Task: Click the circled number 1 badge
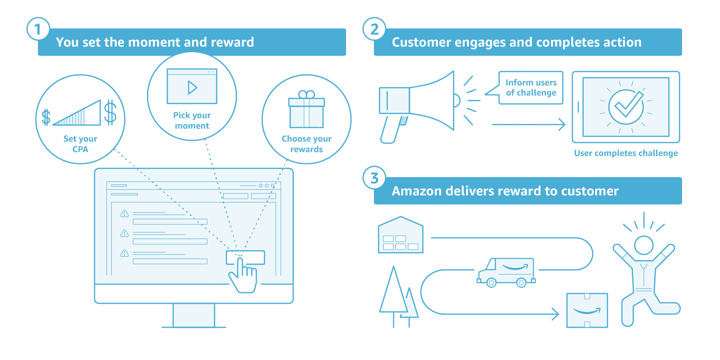[x=38, y=29]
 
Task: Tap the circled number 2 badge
[x=374, y=29]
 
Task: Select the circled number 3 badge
[x=374, y=178]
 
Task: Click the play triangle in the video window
[x=192, y=87]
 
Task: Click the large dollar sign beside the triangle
[x=110, y=112]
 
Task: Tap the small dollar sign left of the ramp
[x=46, y=117]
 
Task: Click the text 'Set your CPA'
[x=80, y=144]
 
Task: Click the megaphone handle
[x=392, y=129]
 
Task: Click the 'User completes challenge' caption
[x=626, y=153]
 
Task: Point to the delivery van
[x=506, y=272]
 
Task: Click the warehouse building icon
[x=400, y=235]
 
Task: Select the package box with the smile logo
[x=587, y=311]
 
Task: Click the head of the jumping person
[x=644, y=246]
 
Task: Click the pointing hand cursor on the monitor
[x=243, y=275]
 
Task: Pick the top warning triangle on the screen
[x=124, y=214]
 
